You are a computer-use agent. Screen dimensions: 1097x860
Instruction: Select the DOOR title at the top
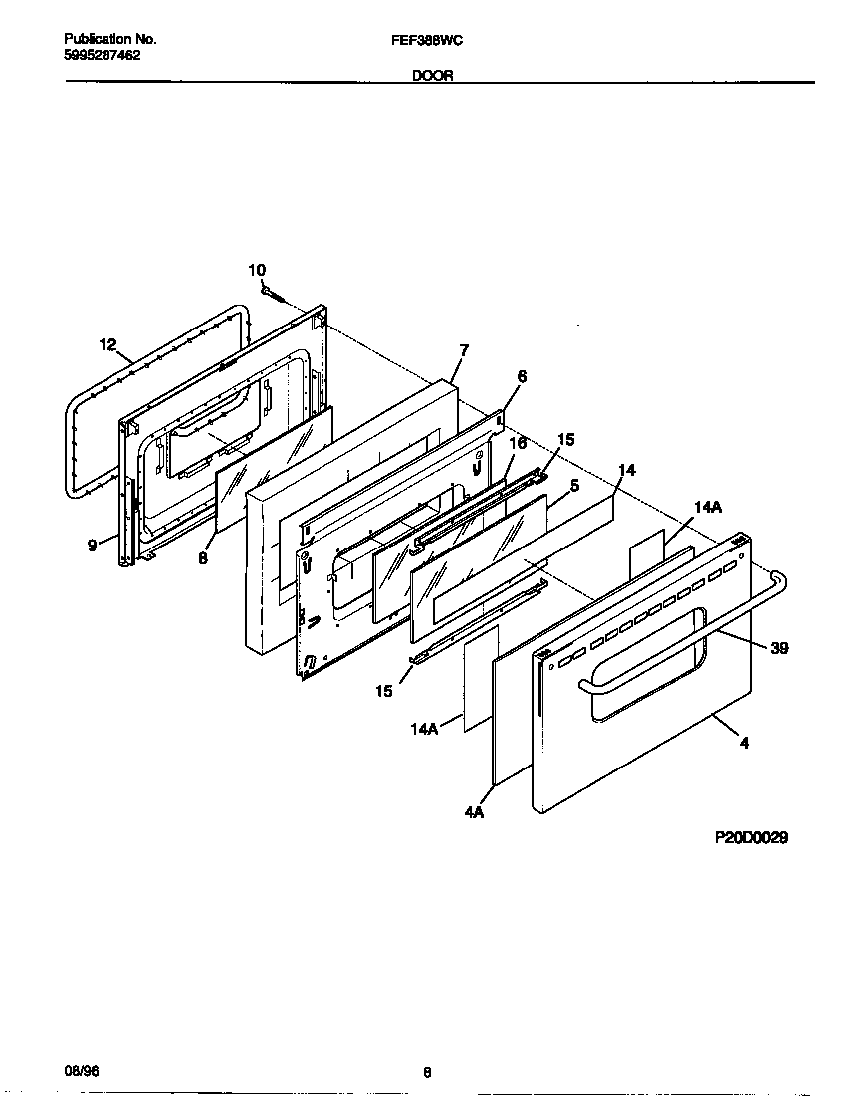click(x=432, y=75)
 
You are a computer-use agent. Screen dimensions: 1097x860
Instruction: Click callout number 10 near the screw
click(x=257, y=270)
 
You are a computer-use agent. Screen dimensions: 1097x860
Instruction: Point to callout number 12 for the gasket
click(x=107, y=344)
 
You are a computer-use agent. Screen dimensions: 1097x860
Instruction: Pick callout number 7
click(x=464, y=350)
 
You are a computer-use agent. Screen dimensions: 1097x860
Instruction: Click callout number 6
click(x=522, y=376)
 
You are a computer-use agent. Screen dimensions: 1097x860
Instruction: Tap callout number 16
click(x=518, y=443)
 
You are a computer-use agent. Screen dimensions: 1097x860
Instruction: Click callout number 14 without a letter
click(x=627, y=469)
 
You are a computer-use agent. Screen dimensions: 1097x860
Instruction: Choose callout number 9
click(x=92, y=545)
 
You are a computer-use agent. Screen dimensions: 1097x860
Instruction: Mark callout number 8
click(x=202, y=559)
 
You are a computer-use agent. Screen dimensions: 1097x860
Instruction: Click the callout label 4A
click(x=474, y=813)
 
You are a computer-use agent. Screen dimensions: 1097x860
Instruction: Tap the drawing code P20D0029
click(x=752, y=839)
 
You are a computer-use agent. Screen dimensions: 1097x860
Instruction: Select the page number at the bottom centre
click(x=427, y=1072)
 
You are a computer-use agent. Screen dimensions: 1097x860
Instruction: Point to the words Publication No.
click(x=109, y=39)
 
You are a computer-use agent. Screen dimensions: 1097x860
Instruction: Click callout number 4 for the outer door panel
click(x=744, y=742)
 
